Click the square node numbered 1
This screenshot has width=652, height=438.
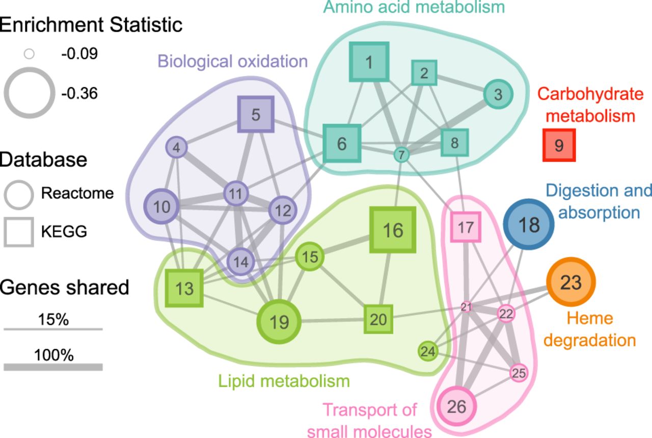click(x=369, y=62)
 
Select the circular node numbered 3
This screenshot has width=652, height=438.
click(x=498, y=94)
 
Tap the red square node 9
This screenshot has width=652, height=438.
click(x=559, y=145)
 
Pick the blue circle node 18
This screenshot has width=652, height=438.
click(x=529, y=224)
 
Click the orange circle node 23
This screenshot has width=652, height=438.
click(x=571, y=282)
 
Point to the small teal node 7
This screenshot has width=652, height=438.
click(x=401, y=154)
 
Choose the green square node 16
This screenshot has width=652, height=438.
click(x=393, y=230)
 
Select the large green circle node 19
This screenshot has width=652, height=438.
click(x=279, y=322)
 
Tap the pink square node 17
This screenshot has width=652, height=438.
click(x=466, y=227)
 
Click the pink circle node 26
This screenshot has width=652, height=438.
click(x=457, y=406)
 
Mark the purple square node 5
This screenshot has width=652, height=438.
click(x=256, y=115)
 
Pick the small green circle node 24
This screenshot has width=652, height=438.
click(x=428, y=351)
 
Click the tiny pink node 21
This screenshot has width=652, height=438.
click(x=467, y=307)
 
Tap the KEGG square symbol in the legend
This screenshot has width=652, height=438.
click(x=19, y=232)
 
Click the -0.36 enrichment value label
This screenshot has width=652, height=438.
click(x=79, y=94)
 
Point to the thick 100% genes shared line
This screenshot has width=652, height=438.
click(x=53, y=367)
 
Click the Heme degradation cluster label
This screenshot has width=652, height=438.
click(x=589, y=329)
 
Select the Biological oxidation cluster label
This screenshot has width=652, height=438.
click(x=233, y=62)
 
